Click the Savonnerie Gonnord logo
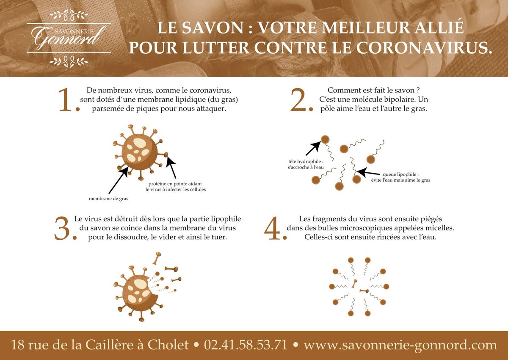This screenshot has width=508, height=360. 69,37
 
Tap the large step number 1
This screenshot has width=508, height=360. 68,101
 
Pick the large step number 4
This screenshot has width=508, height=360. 274,229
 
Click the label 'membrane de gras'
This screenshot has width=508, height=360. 108,198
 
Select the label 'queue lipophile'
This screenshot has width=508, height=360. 400,174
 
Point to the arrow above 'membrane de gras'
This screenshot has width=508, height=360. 119,180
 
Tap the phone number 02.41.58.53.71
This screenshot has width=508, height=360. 246,345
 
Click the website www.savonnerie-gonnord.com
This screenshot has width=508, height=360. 400,345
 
